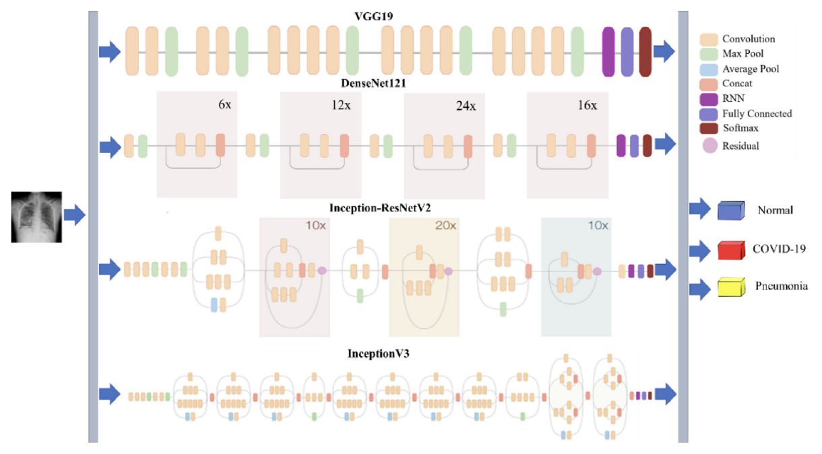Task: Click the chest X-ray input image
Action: pyautogui.click(x=36, y=216)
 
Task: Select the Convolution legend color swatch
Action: pyautogui.click(x=709, y=39)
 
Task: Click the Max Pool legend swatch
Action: pyautogui.click(x=709, y=53)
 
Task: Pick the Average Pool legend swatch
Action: pyautogui.click(x=709, y=69)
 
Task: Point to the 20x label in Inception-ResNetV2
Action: pyautogui.click(x=445, y=226)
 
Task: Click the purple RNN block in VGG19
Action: pyautogui.click(x=608, y=51)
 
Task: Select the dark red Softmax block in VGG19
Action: pyautogui.click(x=645, y=51)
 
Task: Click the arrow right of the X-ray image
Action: pyautogui.click(x=74, y=216)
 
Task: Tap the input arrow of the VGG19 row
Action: pyautogui.click(x=109, y=52)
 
